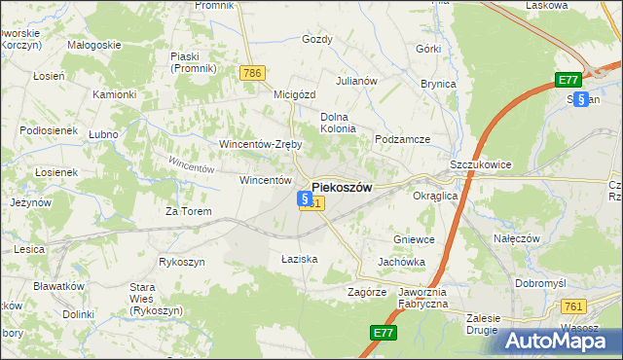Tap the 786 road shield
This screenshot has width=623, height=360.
coord(253,72)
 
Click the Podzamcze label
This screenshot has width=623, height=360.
coord(402,139)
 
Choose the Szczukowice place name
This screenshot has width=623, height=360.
coord(481,165)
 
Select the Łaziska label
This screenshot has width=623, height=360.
coord(300,259)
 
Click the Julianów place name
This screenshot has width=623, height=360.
coord(356,81)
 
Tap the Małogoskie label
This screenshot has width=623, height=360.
coord(94,45)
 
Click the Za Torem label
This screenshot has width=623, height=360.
coord(188,211)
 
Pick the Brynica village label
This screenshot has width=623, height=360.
coord(438,84)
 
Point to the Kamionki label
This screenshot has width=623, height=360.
coord(114,94)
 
